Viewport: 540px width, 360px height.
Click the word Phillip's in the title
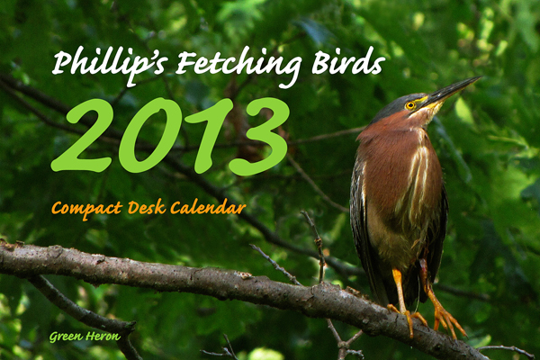tap(110, 66)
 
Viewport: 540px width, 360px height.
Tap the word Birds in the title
tap(348, 61)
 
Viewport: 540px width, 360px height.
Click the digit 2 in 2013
tap(82, 135)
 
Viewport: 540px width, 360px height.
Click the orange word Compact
tap(86, 210)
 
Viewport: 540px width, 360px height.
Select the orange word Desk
tap(147, 207)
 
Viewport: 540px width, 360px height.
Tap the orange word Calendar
tap(208, 207)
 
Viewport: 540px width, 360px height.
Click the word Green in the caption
tap(66, 337)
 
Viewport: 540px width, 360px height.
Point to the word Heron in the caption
tap(103, 336)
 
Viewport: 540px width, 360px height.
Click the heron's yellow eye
tap(410, 105)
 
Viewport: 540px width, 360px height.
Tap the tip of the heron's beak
tap(481, 77)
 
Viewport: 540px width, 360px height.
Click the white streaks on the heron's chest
tap(415, 179)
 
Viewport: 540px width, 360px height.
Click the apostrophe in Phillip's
tap(153, 55)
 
